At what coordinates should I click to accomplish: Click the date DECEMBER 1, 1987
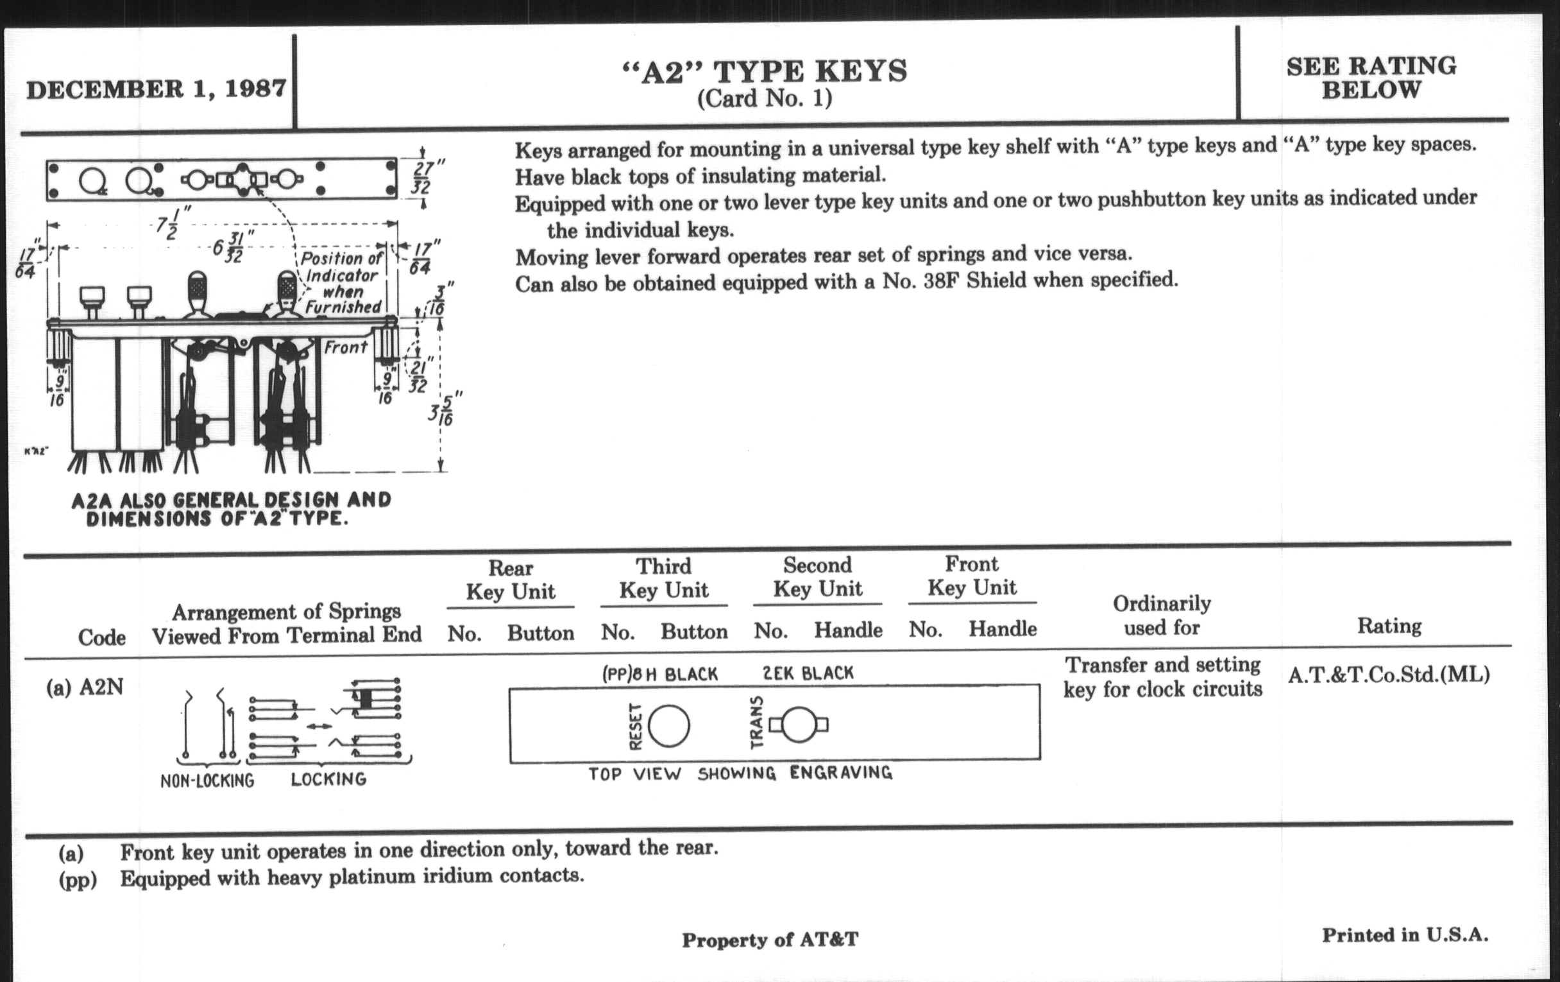pyautogui.click(x=156, y=89)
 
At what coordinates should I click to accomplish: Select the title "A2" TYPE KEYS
pyautogui.click(x=765, y=71)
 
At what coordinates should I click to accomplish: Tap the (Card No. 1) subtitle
pyautogui.click(x=765, y=99)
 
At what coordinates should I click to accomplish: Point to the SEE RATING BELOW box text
pyautogui.click(x=1371, y=78)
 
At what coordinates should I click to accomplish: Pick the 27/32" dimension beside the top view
pyautogui.click(x=425, y=177)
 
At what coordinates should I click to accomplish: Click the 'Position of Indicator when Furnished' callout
pyautogui.click(x=341, y=283)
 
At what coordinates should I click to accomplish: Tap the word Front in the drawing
pyautogui.click(x=345, y=348)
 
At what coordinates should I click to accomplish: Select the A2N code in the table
pyautogui.click(x=101, y=687)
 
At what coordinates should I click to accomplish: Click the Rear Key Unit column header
pyautogui.click(x=511, y=580)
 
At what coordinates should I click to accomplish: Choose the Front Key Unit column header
pyautogui.click(x=972, y=576)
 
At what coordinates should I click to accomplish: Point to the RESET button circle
pyautogui.click(x=668, y=727)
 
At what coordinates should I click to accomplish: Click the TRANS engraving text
pyautogui.click(x=756, y=723)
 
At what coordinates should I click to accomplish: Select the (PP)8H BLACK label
pyautogui.click(x=660, y=675)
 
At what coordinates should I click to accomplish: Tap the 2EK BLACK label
pyautogui.click(x=808, y=673)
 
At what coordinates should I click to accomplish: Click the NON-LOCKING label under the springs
pyautogui.click(x=207, y=780)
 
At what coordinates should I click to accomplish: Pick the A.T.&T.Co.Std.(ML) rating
pyautogui.click(x=1388, y=675)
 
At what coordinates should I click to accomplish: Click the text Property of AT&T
pyautogui.click(x=770, y=940)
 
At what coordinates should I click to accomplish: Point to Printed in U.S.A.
pyautogui.click(x=1405, y=935)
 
